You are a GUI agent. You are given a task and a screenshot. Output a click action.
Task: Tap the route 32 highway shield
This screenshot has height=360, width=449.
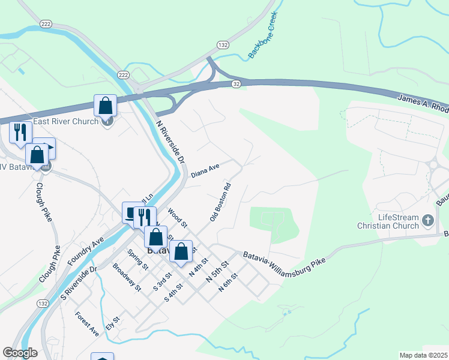(x=237, y=85)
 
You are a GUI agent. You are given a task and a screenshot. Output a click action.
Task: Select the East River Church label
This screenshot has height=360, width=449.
(x=65, y=122)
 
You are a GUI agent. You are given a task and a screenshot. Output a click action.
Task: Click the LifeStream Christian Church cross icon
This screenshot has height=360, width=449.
(x=428, y=220)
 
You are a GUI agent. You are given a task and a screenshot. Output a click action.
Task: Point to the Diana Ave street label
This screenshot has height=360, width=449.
(x=205, y=172)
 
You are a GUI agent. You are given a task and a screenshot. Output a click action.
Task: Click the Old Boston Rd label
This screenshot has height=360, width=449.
(x=220, y=202)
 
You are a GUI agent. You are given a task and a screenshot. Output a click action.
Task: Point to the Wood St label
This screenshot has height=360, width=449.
(x=178, y=217)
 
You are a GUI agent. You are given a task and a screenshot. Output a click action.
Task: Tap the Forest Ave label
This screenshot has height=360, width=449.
(x=87, y=323)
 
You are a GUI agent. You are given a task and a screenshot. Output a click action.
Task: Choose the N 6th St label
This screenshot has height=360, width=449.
(x=229, y=281)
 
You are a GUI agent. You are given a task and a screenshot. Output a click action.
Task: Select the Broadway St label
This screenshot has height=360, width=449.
(x=127, y=278)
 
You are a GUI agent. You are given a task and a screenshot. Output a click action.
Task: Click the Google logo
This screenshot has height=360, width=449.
(x=20, y=353)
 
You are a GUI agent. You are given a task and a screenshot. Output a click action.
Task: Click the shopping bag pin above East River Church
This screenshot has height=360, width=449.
(x=106, y=106)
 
